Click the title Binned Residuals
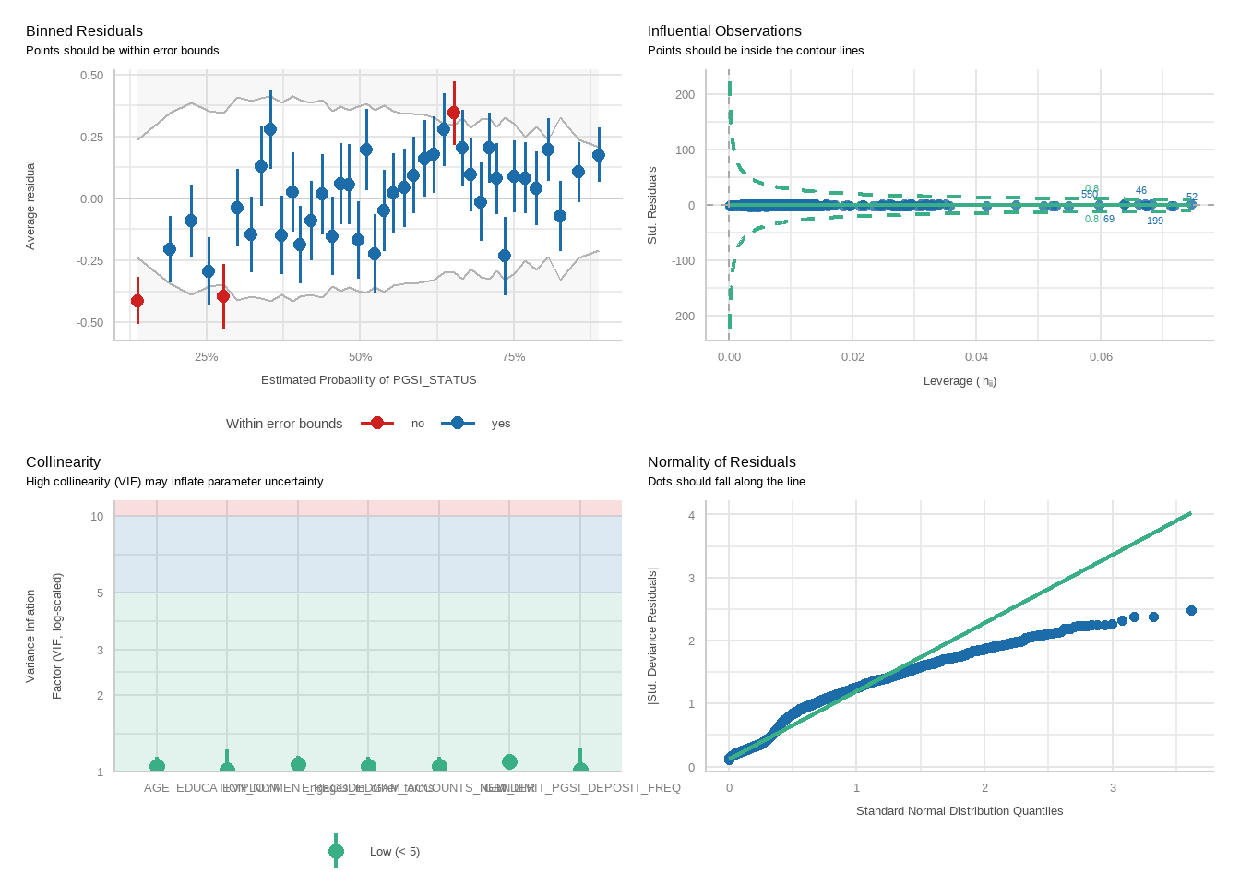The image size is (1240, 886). pyautogui.click(x=84, y=31)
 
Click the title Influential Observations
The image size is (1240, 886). pyautogui.click(x=724, y=31)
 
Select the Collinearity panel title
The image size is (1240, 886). pyautogui.click(x=63, y=462)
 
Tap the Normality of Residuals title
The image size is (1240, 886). pyautogui.click(x=721, y=462)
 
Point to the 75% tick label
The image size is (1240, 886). pyautogui.click(x=513, y=357)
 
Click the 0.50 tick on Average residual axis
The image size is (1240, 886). pyautogui.click(x=91, y=76)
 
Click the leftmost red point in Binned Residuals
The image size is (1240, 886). pyautogui.click(x=137, y=301)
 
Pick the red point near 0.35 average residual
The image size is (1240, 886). pyautogui.click(x=453, y=113)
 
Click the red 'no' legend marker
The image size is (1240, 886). pyautogui.click(x=376, y=423)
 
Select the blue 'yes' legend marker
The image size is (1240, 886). pyautogui.click(x=458, y=423)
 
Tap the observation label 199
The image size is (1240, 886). pyautogui.click(x=1155, y=221)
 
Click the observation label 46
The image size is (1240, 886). pyautogui.click(x=1141, y=191)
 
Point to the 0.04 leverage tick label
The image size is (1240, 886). pyautogui.click(x=976, y=357)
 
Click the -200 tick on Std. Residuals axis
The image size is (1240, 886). pyautogui.click(x=685, y=317)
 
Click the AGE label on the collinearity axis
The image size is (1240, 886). pyautogui.click(x=157, y=788)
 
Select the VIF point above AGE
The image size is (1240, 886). pyautogui.click(x=157, y=766)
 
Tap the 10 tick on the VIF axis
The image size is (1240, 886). pyautogui.click(x=97, y=517)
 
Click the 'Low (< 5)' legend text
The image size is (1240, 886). pyautogui.click(x=395, y=852)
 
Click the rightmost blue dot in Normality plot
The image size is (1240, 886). pyautogui.click(x=1191, y=611)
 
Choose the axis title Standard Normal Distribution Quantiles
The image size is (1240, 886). pyautogui.click(x=960, y=811)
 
